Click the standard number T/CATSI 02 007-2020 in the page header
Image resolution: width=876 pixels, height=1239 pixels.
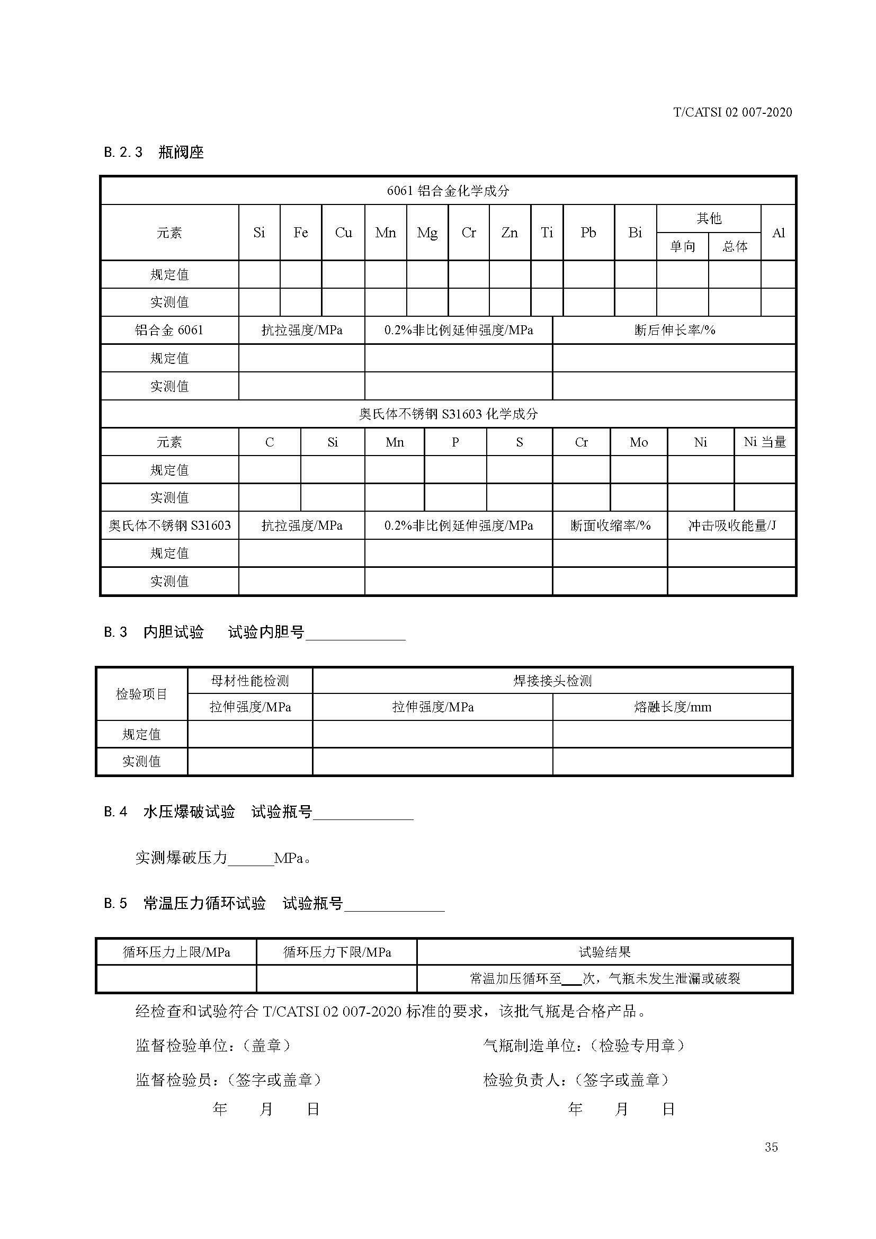pyautogui.click(x=732, y=112)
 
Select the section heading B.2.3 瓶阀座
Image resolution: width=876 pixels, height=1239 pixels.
pyautogui.click(x=154, y=152)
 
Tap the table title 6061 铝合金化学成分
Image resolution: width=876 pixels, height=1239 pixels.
pyautogui.click(x=448, y=191)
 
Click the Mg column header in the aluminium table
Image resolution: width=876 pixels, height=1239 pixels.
pyautogui.click(x=427, y=233)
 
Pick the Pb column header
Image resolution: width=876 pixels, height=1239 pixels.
pyautogui.click(x=588, y=233)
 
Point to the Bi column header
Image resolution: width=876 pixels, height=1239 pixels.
pyautogui.click(x=635, y=233)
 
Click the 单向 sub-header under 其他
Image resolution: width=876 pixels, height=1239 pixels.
pyautogui.click(x=682, y=247)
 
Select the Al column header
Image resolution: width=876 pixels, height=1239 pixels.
pyautogui.click(x=778, y=233)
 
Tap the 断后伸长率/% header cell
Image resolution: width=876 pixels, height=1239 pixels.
pyautogui.click(x=674, y=329)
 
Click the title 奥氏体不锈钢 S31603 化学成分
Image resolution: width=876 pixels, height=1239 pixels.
pyautogui.click(x=448, y=414)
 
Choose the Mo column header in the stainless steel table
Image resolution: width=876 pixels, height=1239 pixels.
pyautogui.click(x=639, y=442)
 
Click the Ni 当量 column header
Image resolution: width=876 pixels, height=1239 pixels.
pyautogui.click(x=764, y=442)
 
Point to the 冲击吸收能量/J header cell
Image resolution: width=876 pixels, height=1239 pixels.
pyautogui.click(x=731, y=525)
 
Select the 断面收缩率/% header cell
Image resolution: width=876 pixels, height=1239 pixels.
pyautogui.click(x=610, y=525)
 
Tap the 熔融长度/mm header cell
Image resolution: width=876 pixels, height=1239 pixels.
pyautogui.click(x=672, y=707)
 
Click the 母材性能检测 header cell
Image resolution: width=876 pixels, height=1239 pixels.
pyautogui.click(x=250, y=681)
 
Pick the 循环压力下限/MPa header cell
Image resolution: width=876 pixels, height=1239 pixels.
pyautogui.click(x=337, y=952)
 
